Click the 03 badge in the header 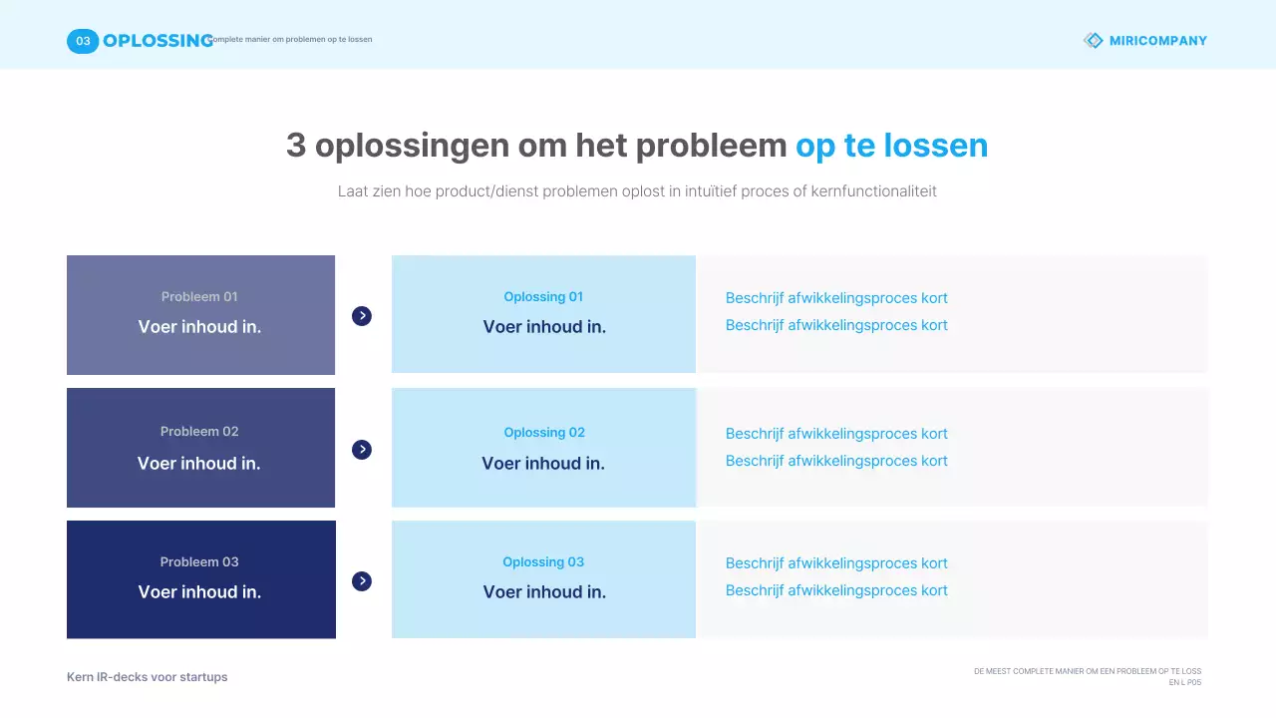click(x=83, y=41)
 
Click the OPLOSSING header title click(x=158, y=41)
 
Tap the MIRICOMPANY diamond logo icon click(x=1094, y=41)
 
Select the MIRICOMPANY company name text click(x=1157, y=41)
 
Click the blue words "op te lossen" click(x=891, y=146)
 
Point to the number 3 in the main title click(x=296, y=146)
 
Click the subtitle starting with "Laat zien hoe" click(x=637, y=191)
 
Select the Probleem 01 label click(x=199, y=297)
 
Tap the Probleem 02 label click(x=199, y=432)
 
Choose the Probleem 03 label click(x=199, y=562)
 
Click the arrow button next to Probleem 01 click(x=362, y=316)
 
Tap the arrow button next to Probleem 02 click(x=362, y=450)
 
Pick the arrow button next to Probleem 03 click(x=362, y=581)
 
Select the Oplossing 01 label click(x=543, y=297)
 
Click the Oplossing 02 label click(x=543, y=433)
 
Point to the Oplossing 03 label click(x=543, y=562)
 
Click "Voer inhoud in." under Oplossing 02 click(x=543, y=464)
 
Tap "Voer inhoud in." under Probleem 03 click(x=199, y=592)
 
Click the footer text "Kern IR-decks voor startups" click(x=148, y=677)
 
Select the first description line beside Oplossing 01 click(x=836, y=298)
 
